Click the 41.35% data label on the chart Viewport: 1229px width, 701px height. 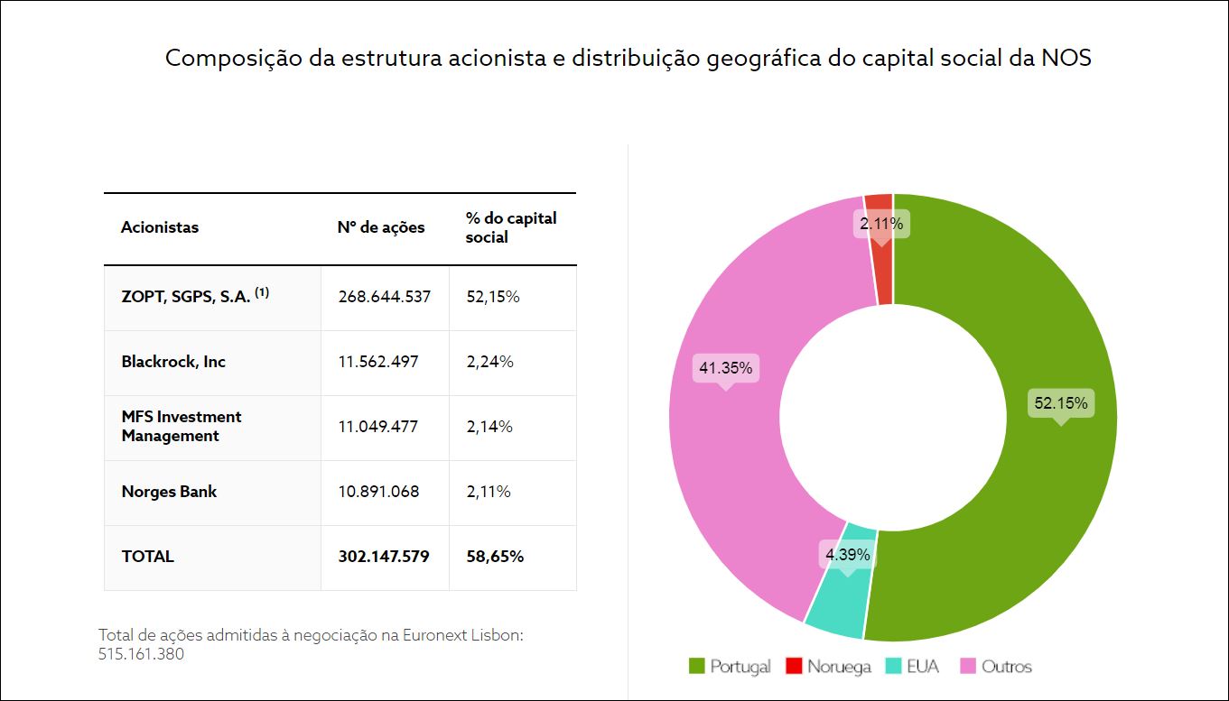725,368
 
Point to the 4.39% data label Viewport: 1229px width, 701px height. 847,554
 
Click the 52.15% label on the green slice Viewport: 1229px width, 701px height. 1060,403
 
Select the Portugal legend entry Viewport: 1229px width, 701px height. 730,667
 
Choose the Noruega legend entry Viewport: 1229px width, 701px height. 828,667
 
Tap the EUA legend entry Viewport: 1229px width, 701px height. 914,667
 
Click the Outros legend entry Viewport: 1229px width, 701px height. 995,667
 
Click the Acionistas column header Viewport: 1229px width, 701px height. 160,227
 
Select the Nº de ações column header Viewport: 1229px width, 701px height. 381,227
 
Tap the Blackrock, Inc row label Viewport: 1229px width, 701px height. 173,362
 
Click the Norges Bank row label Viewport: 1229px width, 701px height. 169,492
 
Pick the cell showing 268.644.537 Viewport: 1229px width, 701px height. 385,297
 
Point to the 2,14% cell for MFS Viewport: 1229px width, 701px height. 489,427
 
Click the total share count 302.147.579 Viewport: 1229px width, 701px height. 384,557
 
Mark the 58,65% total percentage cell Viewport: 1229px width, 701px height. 495,557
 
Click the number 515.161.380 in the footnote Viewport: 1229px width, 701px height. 141,655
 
